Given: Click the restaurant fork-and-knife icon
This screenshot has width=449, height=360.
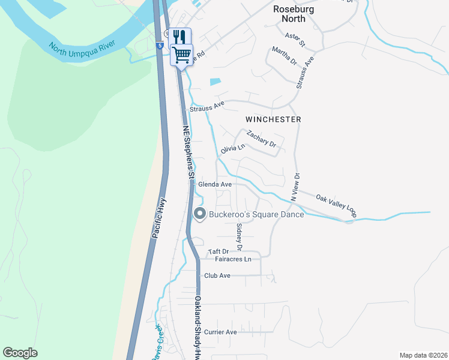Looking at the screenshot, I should [179, 36].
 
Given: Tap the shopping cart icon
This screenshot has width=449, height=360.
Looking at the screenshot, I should [182, 55].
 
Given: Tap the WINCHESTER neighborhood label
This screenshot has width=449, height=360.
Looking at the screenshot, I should [273, 119].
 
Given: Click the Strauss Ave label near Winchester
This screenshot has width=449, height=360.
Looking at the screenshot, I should [206, 106].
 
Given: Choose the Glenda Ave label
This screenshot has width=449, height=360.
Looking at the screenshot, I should [215, 184].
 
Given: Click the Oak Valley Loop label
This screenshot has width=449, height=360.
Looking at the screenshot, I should [336, 205].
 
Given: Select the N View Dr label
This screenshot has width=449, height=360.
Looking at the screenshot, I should [295, 186].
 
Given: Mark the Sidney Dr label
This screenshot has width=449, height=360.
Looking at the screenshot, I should [239, 236].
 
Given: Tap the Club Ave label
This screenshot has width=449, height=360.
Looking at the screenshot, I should [217, 275].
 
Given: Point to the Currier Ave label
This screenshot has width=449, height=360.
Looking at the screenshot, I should [220, 332].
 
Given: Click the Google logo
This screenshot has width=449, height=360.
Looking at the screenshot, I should [20, 353].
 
